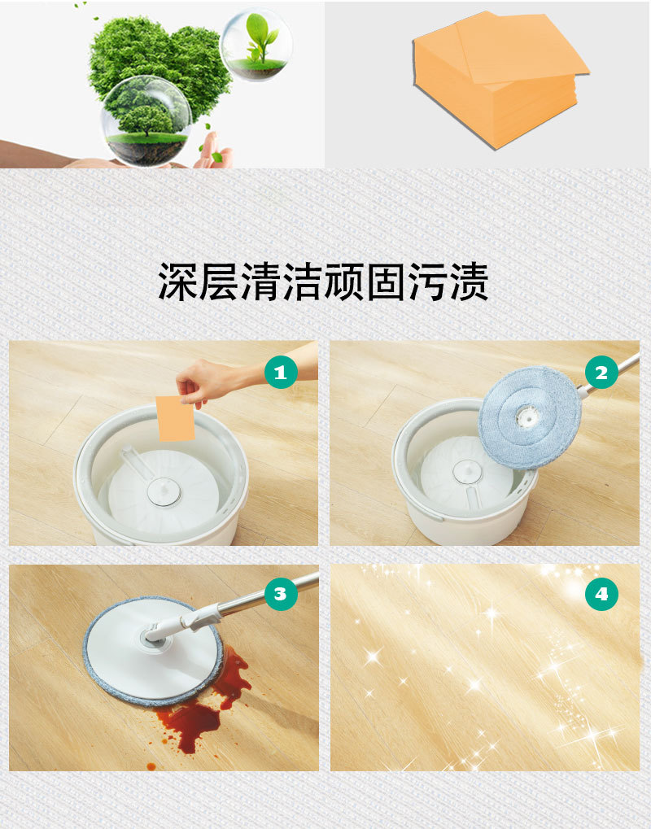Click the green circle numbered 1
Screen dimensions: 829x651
281,373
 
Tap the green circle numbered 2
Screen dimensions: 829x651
601,373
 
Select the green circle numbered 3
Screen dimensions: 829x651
280,594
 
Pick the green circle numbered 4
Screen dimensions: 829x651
601,594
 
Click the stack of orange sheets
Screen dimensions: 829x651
498,81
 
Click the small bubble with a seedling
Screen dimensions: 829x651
256,44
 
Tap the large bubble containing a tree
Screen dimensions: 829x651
147,120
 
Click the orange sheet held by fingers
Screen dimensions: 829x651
176,418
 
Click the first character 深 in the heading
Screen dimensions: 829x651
178,281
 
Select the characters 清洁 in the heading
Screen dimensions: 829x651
282,281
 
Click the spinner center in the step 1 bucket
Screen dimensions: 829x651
162,491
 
